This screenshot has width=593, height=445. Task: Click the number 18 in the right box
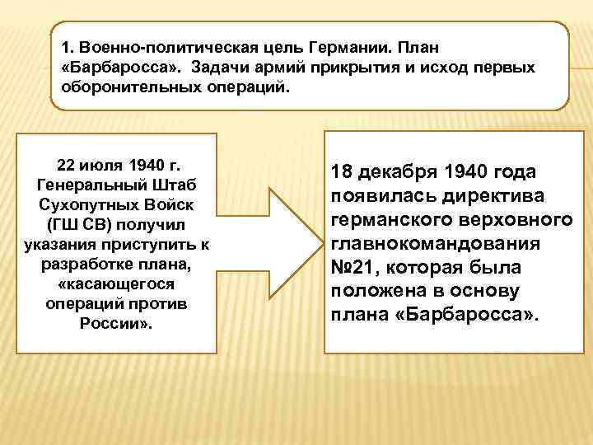click(343, 173)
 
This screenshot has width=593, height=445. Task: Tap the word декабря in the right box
click(399, 173)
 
